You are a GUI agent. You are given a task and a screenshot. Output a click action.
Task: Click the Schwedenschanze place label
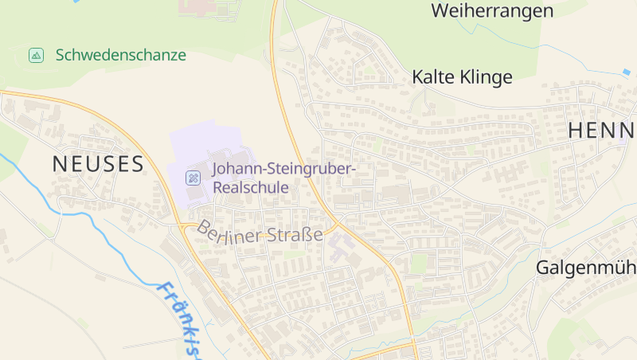click(x=120, y=55)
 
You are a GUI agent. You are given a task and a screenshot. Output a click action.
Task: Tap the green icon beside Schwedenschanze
click(x=36, y=55)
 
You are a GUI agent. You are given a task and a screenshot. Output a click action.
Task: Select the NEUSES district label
click(x=98, y=164)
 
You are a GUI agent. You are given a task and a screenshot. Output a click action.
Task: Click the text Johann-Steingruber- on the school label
click(x=283, y=169)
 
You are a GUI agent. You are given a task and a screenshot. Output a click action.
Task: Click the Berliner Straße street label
click(x=260, y=232)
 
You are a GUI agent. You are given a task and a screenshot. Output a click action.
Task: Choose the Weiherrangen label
click(x=491, y=11)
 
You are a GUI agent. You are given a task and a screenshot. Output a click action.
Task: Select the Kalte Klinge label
click(x=462, y=77)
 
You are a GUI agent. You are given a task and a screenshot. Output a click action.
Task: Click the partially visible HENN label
click(x=601, y=131)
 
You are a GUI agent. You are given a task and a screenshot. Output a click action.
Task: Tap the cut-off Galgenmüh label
click(x=586, y=267)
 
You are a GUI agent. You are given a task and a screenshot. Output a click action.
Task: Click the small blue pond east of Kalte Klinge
click(x=626, y=72)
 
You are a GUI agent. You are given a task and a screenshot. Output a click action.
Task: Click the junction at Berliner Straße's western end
click(x=184, y=226)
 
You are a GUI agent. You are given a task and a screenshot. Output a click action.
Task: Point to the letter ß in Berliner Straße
click(x=307, y=234)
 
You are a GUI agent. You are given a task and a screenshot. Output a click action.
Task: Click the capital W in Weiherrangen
click(x=440, y=11)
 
